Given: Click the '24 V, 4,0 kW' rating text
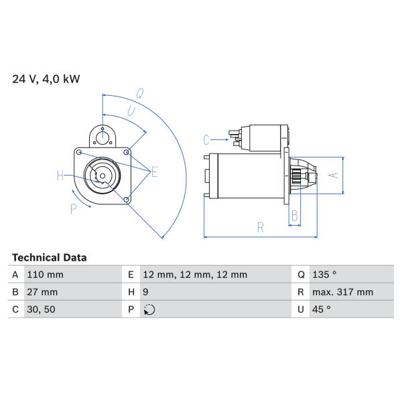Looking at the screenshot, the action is [46, 79].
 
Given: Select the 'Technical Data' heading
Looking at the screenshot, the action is [49, 258].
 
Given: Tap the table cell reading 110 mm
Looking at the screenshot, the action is [45, 275].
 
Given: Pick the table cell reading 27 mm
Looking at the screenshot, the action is [42, 292].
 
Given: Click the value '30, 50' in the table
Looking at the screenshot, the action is [41, 310].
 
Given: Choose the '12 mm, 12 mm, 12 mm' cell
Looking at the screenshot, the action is [195, 275].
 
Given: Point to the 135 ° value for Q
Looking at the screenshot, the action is [324, 275].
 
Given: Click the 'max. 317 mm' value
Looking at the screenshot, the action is [342, 292].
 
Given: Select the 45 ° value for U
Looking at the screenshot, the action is [321, 310].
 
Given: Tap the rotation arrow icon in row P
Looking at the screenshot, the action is [149, 310].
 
